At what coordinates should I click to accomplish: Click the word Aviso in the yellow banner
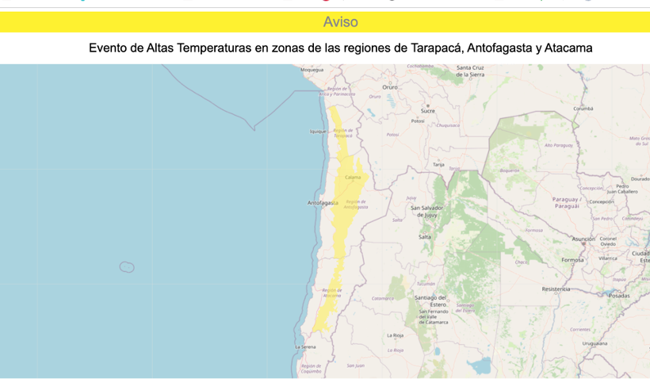pos(340,22)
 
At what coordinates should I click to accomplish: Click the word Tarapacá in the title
pos(433,48)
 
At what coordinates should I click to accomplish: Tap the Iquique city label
pos(318,132)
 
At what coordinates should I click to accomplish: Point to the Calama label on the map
pos(353,178)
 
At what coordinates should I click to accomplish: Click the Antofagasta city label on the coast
pos(323,203)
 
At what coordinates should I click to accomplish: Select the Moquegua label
pos(312,70)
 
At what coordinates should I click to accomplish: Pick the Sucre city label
pos(427,111)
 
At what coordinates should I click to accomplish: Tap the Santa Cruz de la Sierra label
pos(470,71)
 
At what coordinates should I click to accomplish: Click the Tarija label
pos(438,165)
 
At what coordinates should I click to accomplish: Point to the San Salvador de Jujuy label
pos(426,211)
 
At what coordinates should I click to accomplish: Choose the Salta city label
pos(425,237)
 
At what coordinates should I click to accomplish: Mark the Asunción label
pos(583,239)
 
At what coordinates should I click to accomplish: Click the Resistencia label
pos(556,289)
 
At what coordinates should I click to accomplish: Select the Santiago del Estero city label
pos(431,301)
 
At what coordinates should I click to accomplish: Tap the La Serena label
pos(306,347)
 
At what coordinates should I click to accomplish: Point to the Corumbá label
pos(583,109)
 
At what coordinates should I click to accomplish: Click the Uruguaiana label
pos(595,343)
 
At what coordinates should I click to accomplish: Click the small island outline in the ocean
pos(127,267)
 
